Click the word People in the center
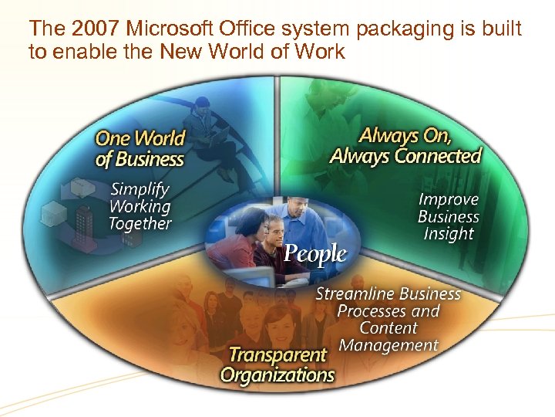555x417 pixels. pos(315,253)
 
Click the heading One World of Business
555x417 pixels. pos(140,149)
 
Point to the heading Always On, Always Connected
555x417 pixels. pos(405,145)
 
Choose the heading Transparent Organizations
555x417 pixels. pos(277,365)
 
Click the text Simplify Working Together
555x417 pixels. pos(140,206)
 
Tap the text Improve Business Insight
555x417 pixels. pos(448,216)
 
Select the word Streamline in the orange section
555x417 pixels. pos(351,294)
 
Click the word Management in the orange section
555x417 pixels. pos(388,344)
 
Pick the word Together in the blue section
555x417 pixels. pos(140,224)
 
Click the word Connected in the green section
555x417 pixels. pos(437,156)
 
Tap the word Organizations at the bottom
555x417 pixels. pos(277,375)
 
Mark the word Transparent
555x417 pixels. pos(277,355)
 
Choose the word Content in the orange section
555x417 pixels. pos(388,328)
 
